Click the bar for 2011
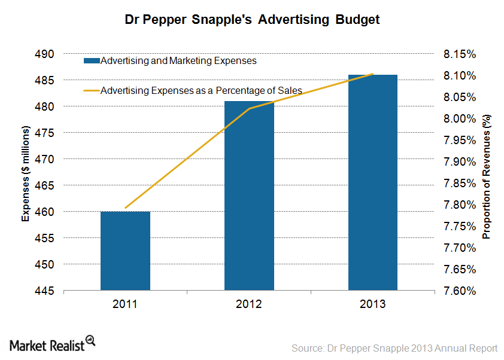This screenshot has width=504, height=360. tap(125, 251)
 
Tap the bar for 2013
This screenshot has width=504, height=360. tap(373, 182)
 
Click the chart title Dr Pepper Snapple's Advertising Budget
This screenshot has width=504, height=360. tap(252, 20)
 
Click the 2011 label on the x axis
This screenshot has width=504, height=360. tap(125, 304)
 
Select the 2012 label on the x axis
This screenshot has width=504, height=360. tap(249, 304)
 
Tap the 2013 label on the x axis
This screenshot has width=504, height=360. tap(373, 304)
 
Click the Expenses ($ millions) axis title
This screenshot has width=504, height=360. tap(26, 173)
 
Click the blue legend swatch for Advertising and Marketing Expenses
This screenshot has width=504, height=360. tap(91, 60)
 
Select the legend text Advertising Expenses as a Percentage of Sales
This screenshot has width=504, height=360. tap(201, 91)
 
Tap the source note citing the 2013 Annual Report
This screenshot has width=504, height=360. tap(394, 347)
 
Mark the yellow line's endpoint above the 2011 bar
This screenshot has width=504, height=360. tap(125, 208)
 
